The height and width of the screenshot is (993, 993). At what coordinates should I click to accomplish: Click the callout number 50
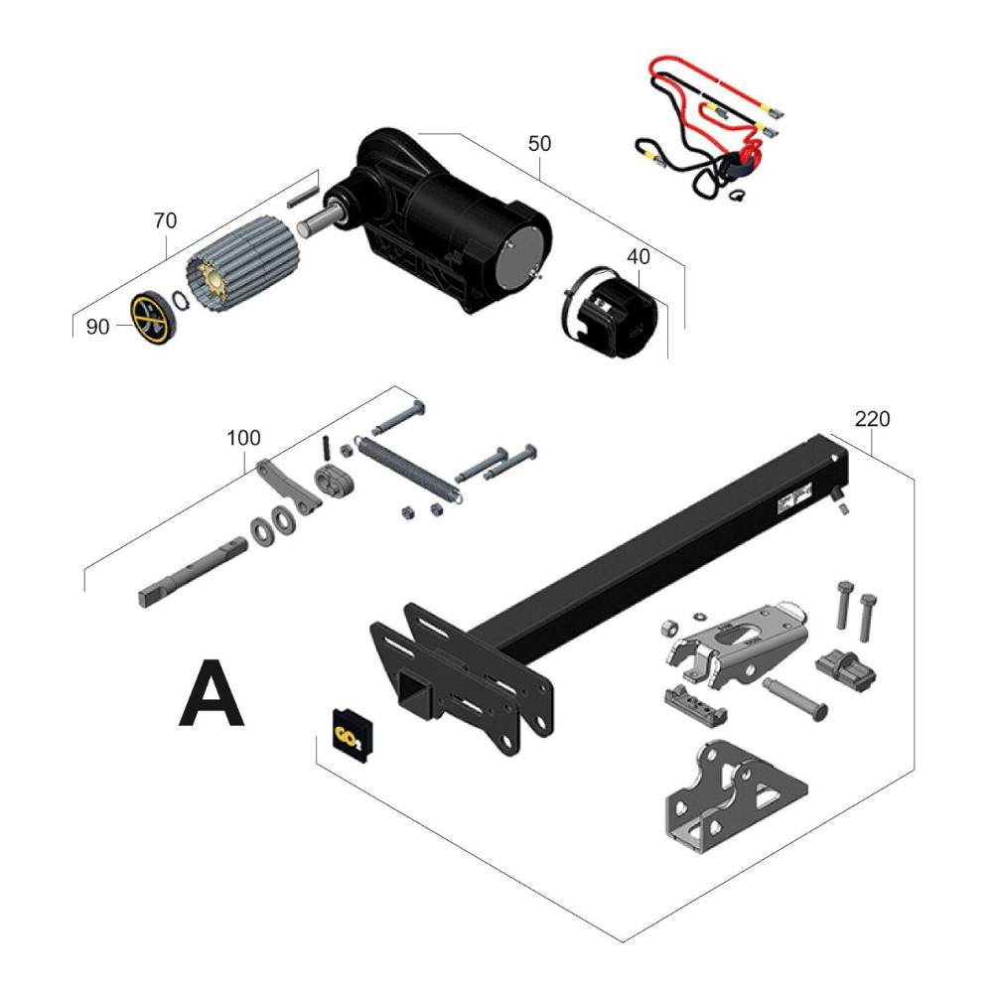pyautogui.click(x=539, y=143)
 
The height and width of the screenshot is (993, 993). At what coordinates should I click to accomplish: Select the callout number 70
pyautogui.click(x=164, y=220)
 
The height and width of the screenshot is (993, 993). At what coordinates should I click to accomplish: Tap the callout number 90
pyautogui.click(x=97, y=327)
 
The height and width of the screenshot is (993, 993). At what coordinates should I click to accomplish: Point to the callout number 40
pyautogui.click(x=638, y=256)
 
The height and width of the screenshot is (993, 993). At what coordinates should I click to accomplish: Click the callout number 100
pyautogui.click(x=243, y=437)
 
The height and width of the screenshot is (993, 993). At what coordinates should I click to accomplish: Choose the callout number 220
pyautogui.click(x=873, y=419)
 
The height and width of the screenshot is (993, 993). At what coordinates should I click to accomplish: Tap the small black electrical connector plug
pyautogui.click(x=845, y=670)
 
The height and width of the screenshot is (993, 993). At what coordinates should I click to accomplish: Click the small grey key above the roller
pyautogui.click(x=301, y=189)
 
